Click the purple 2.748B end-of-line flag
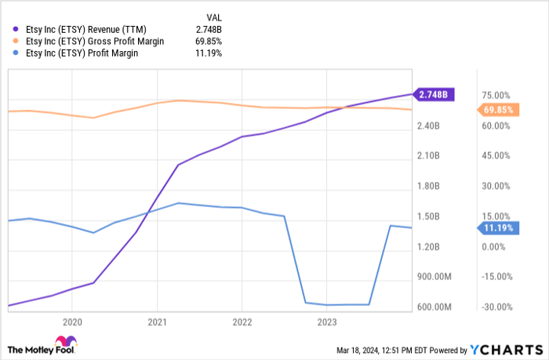tap(434, 94)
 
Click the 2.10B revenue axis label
tap(434, 156)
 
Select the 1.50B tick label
tap(434, 216)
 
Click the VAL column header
tap(213, 16)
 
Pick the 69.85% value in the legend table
tap(208, 42)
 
